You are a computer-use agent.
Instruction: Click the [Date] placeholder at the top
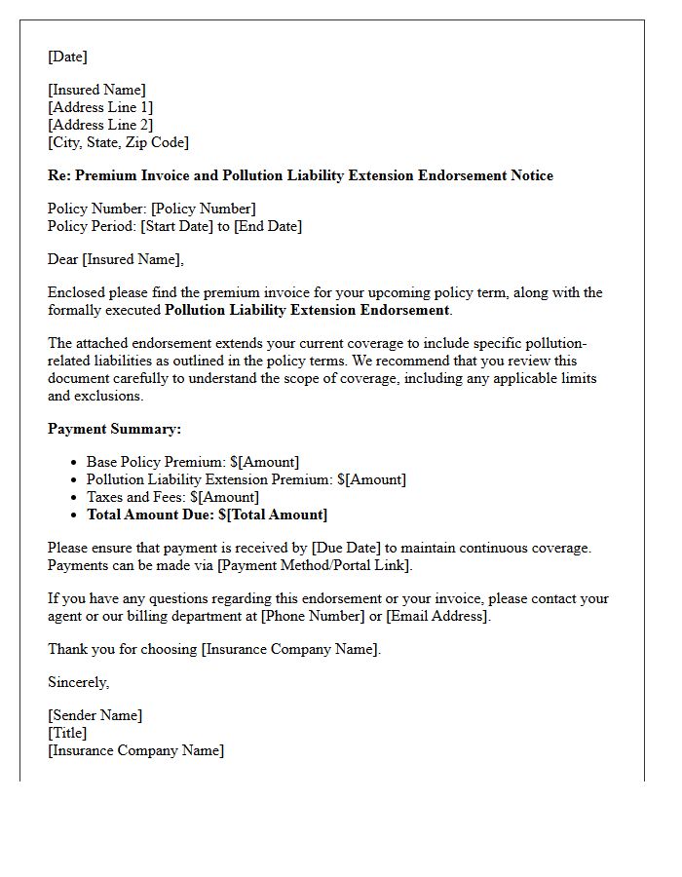coord(67,57)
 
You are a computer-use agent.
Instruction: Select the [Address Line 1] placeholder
coord(100,107)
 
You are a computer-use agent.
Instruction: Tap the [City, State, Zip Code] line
coord(118,142)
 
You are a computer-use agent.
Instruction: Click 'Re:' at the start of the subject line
coord(59,175)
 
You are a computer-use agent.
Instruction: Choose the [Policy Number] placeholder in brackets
coord(204,209)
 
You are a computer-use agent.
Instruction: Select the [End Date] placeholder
coord(268,226)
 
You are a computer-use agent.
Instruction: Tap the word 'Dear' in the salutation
coord(63,259)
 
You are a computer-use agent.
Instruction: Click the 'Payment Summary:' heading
coord(114,429)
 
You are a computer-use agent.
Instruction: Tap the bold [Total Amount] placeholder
coord(277,515)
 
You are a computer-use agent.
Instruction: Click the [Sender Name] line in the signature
coord(95,715)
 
